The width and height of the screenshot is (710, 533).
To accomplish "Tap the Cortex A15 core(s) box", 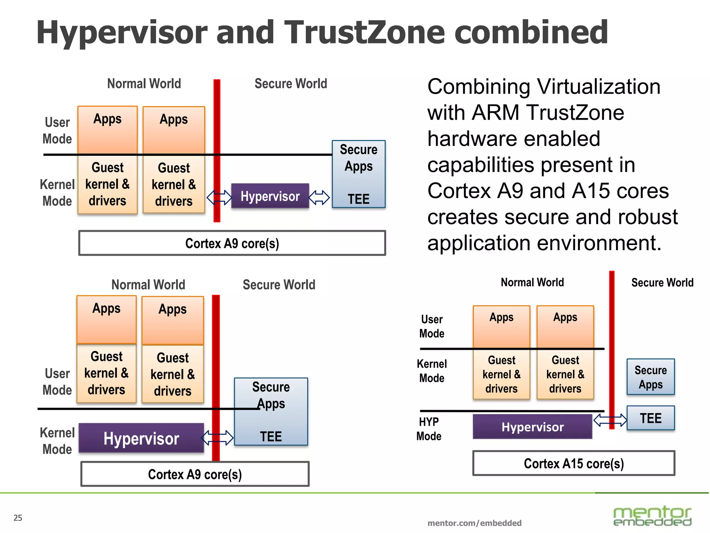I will [573, 463].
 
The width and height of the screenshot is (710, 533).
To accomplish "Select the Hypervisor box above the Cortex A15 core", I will [532, 427].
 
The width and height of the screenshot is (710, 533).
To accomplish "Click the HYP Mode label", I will [429, 429].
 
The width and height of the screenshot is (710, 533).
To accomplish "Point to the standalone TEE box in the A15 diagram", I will [650, 418].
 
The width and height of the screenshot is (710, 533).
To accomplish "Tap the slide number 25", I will [18, 518].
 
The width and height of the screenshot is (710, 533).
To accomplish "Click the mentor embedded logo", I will [652, 516].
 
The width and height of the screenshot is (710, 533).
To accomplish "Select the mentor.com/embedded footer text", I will [474, 523].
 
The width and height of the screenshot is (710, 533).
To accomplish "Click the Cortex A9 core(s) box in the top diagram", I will [232, 243].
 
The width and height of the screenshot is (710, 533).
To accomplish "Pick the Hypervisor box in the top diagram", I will [270, 196].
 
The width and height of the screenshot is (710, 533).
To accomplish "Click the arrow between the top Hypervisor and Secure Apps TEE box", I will [319, 197].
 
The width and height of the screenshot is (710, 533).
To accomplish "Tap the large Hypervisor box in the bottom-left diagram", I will [141, 438].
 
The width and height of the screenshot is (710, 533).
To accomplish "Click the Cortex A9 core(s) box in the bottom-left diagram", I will [195, 474].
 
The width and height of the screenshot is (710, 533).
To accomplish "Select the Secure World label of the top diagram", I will [291, 84].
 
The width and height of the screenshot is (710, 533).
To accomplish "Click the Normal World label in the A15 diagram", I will [532, 282].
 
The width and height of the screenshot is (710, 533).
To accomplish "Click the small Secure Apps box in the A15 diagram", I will [650, 377].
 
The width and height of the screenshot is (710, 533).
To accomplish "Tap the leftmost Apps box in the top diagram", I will [107, 129].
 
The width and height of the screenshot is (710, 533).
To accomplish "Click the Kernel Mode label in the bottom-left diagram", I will [57, 441].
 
